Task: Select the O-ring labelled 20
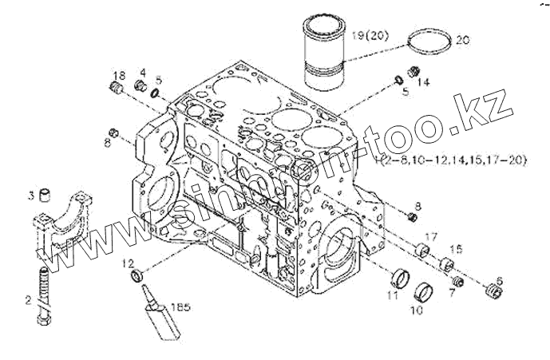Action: coord(428,46)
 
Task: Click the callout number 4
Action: coord(142,73)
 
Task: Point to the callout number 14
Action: coord(424,81)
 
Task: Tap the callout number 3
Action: coord(32,195)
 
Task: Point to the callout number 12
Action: coord(129,263)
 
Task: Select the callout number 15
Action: coord(457,250)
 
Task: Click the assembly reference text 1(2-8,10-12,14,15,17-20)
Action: coord(451,161)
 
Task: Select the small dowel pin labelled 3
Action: coord(46,196)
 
